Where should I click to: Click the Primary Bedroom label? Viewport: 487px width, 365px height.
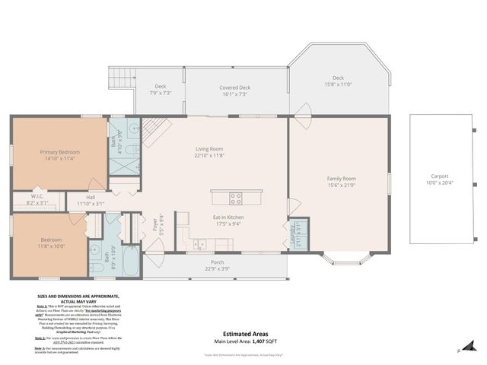tap(60, 152)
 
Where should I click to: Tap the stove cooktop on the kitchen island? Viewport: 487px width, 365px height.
tap(236, 199)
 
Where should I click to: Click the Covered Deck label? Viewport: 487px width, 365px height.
tap(234, 88)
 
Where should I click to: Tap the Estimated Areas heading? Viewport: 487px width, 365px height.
tap(243, 333)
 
